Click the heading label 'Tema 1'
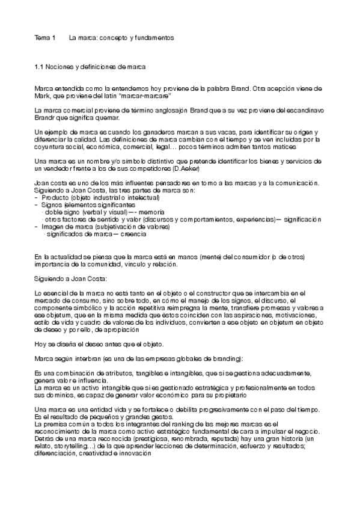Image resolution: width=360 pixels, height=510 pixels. point(44,37)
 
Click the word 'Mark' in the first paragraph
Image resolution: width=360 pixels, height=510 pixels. point(43,95)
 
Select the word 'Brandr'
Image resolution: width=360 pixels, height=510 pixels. point(45,118)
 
